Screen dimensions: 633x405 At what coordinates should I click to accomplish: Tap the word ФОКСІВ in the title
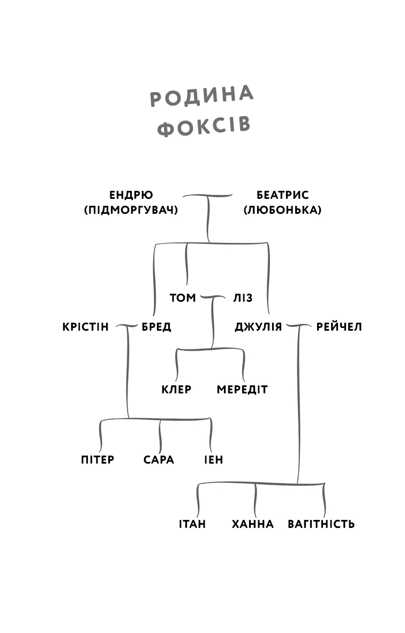click(x=205, y=128)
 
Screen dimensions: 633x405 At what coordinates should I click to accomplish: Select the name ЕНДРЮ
click(x=131, y=195)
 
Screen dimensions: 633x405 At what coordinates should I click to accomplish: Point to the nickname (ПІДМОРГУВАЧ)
click(x=131, y=210)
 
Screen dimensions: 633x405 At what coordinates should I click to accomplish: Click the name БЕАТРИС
click(x=282, y=195)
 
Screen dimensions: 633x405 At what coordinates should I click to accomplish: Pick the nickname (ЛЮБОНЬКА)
click(x=282, y=210)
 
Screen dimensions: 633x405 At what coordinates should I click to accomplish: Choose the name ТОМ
click(x=183, y=298)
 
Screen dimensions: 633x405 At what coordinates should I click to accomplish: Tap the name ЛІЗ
click(x=243, y=298)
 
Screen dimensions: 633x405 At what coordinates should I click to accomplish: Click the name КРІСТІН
click(x=86, y=327)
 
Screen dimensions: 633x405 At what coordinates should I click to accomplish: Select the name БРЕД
click(x=156, y=327)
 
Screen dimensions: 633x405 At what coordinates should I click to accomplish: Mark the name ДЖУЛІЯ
click(x=258, y=327)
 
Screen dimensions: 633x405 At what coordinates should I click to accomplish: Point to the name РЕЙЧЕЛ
click(x=339, y=327)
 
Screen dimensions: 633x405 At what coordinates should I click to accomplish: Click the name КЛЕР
click(x=176, y=390)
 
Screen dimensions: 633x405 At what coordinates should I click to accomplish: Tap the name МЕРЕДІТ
click(x=242, y=390)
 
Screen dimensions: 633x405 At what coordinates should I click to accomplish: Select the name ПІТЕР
click(x=97, y=460)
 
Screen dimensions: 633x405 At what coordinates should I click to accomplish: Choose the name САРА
click(x=159, y=460)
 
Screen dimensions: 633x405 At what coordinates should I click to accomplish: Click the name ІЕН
click(x=214, y=460)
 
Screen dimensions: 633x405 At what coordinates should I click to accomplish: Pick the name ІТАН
click(x=192, y=524)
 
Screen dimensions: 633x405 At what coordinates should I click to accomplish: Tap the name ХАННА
click(x=253, y=524)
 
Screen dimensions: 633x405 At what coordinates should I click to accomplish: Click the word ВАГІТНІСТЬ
click(x=321, y=524)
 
